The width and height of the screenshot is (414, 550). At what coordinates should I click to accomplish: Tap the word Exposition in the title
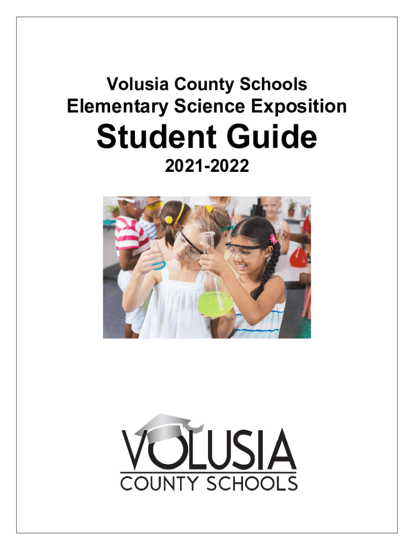tap(304, 107)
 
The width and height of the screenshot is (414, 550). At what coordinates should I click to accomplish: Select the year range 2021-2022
tap(206, 168)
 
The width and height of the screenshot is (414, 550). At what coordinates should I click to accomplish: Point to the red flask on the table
tap(298, 256)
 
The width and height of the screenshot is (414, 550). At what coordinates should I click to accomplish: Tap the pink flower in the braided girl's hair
tap(273, 238)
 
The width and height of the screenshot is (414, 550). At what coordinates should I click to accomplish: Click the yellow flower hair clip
tap(169, 220)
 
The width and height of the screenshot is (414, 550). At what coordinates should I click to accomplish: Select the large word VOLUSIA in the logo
tap(209, 448)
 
